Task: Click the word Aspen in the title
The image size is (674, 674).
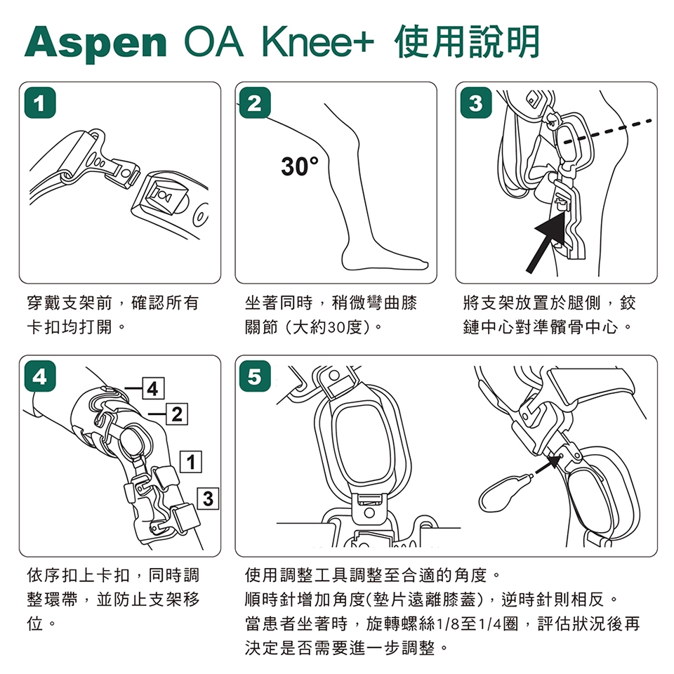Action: click(95, 44)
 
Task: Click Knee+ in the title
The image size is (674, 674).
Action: click(318, 43)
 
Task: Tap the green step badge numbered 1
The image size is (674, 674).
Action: click(40, 103)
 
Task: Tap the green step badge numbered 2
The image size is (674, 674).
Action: click(255, 103)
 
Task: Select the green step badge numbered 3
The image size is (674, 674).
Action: click(476, 103)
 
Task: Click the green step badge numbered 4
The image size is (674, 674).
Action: click(40, 376)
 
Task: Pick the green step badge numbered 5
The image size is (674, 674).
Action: click(255, 376)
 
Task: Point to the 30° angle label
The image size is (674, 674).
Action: click(300, 166)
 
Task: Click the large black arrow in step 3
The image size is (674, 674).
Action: click(546, 243)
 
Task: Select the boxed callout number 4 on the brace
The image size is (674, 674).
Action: click(152, 388)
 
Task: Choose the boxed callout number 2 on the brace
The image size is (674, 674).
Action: click(177, 414)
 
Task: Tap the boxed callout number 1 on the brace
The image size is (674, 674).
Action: click(191, 462)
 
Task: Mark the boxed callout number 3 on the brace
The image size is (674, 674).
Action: click(208, 498)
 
